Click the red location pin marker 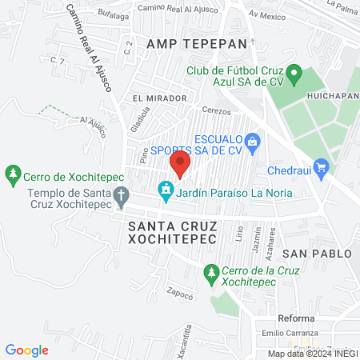coord(179,165)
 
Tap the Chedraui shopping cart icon coord(322,166)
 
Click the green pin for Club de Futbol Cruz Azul coord(294,76)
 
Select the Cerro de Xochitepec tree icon coord(13,174)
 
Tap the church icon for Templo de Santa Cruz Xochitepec coord(121,194)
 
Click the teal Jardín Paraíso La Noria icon coord(166,190)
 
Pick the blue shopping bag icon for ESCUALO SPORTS coord(253,142)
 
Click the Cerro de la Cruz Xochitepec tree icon coord(211,272)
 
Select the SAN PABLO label coord(316,254)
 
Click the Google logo coord(27,350)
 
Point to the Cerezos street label coord(216,111)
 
